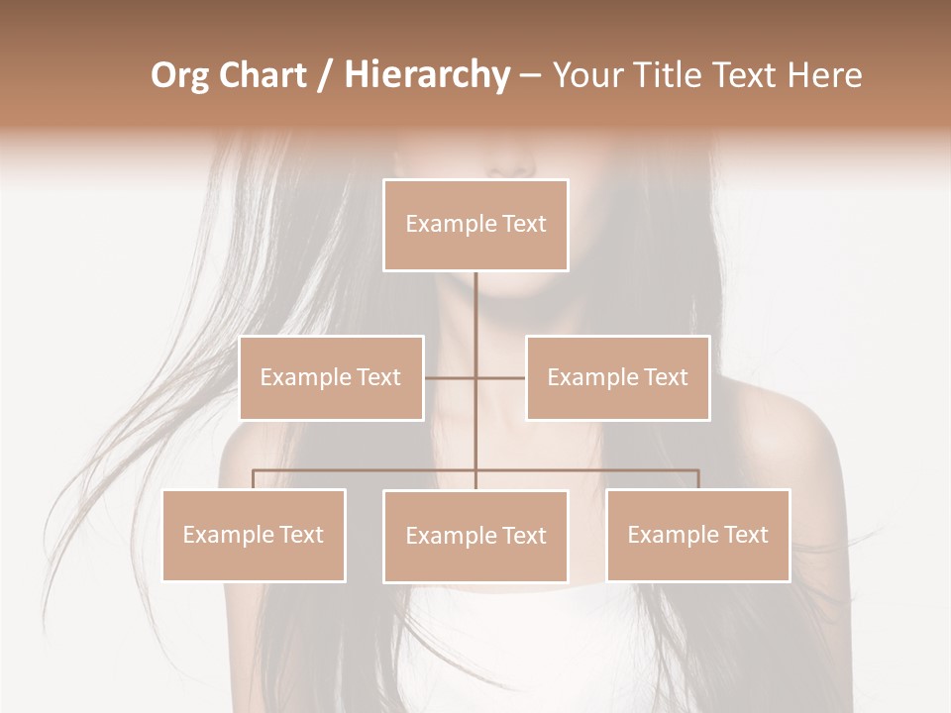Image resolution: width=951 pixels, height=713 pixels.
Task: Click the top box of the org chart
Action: [475, 225]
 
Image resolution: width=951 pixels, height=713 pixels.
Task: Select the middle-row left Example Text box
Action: [331, 377]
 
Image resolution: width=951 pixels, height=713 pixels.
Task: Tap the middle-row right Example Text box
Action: [617, 377]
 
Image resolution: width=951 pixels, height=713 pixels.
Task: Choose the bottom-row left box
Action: [254, 535]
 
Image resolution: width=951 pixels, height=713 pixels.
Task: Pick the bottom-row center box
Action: [475, 536]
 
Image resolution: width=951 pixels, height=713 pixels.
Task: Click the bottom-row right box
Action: [697, 535]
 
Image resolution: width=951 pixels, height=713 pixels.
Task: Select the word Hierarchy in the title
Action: [426, 75]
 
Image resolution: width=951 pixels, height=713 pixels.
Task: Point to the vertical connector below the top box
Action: [475, 307]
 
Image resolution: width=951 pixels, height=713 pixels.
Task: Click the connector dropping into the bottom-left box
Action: [254, 479]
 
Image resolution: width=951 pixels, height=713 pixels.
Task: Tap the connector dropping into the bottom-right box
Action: [698, 479]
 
